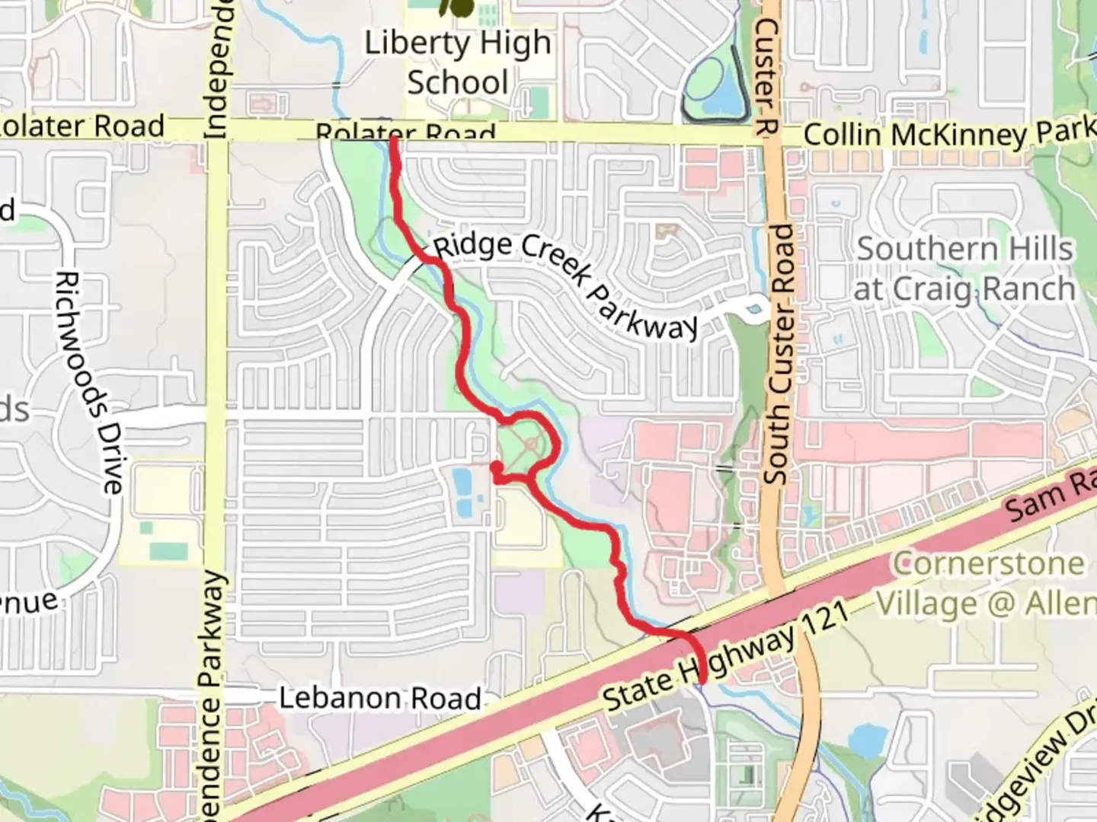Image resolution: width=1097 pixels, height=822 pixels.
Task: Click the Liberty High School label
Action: tap(457, 62)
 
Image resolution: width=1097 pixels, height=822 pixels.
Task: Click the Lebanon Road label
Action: tap(379, 698)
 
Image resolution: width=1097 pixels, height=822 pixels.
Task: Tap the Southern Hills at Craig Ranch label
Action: tap(964, 269)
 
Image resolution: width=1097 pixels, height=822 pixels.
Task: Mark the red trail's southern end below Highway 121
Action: tap(701, 680)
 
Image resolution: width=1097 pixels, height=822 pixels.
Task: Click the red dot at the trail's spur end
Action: tap(496, 467)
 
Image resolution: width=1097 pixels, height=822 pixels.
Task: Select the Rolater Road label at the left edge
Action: tap(82, 126)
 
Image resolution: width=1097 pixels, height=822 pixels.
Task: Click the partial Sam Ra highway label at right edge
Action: tap(1051, 495)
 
